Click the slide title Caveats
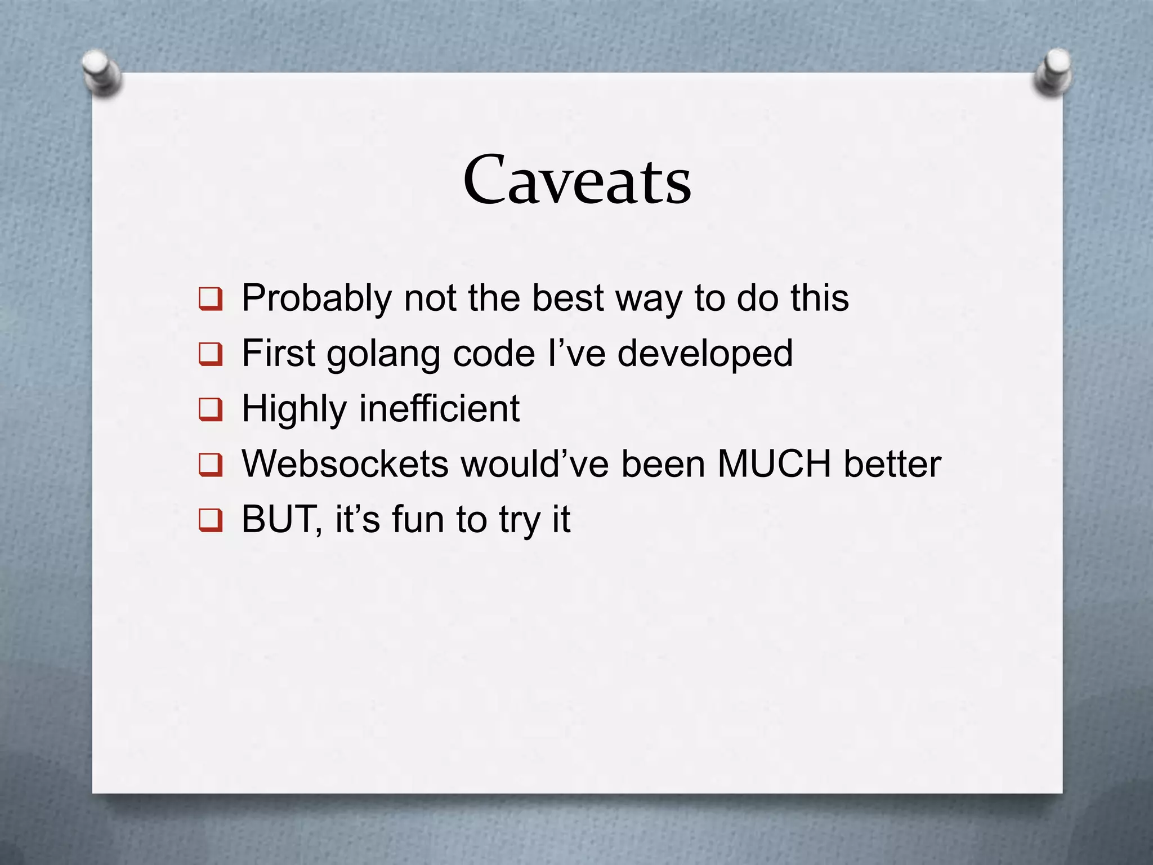[577, 180]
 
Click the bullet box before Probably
[211, 299]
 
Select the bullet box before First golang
[211, 355]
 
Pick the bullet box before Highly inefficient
[211, 409]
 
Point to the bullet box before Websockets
[211, 465]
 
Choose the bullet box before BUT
[211, 520]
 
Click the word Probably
[316, 298]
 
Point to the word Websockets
[345, 464]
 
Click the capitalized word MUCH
[774, 464]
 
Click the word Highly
[294, 409]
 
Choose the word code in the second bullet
[494, 354]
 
